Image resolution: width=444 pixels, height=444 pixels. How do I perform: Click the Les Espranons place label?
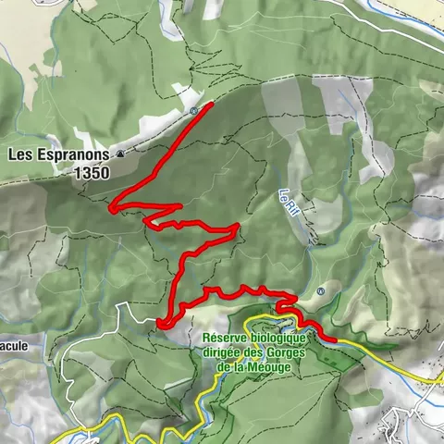coord(59,155)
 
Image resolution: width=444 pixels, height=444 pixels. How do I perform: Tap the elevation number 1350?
coord(95,172)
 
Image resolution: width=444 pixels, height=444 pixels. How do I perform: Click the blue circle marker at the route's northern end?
coord(193,110)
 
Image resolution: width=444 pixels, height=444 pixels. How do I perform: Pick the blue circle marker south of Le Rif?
coord(320,291)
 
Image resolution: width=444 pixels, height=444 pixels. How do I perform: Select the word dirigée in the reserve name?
coord(221,353)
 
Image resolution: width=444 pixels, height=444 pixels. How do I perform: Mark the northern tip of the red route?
coord(212,104)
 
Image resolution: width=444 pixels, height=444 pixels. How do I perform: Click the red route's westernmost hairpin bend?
coord(112,209)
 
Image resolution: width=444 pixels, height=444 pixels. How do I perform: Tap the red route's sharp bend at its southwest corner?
coord(160,323)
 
